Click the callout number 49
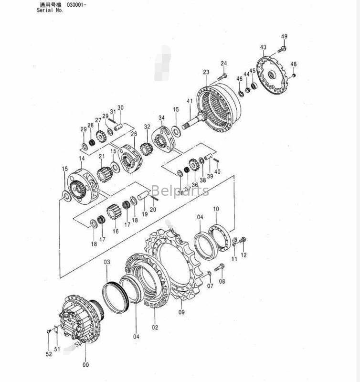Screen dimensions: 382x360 284,37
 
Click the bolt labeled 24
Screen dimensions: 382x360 222,75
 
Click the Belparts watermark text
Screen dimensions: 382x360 180,191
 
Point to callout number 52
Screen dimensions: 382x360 49,354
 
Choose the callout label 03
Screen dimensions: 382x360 107,262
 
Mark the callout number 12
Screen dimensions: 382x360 244,255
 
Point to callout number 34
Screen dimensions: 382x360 161,118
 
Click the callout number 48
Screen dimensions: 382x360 293,64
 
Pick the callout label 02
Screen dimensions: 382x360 155,328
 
